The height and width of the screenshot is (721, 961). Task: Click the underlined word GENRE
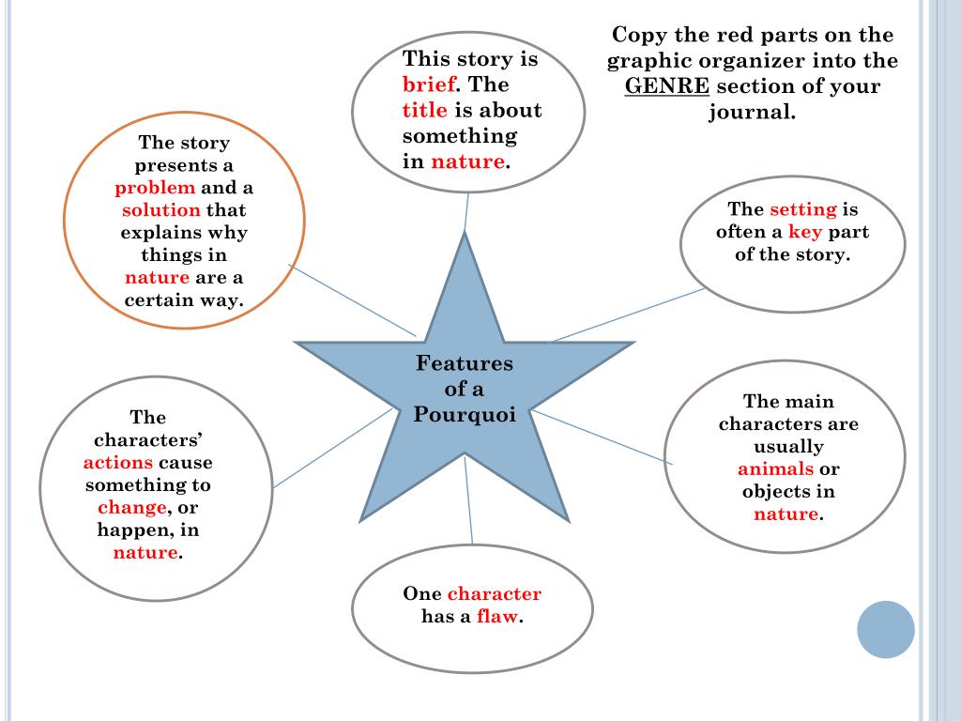coord(667,86)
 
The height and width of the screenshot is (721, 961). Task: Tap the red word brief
coord(429,84)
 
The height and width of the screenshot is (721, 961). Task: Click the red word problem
coord(155,187)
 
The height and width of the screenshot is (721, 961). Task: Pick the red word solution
coord(161,209)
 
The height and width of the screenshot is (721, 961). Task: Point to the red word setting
coord(802,209)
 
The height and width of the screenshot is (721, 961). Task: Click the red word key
coord(805,232)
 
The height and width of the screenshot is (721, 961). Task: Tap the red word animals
coord(775,469)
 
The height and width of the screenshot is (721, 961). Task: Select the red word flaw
coord(497,617)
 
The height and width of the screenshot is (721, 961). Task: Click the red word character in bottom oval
coord(495,593)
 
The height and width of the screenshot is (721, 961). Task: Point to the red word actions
coord(117,463)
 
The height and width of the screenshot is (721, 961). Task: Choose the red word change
coord(131,508)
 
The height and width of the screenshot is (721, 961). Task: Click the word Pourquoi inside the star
coord(465,414)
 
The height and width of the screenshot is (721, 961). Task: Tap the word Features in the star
coord(465,363)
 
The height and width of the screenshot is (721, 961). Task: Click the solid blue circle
coord(886,629)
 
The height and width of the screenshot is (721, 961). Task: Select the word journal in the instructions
coord(752,112)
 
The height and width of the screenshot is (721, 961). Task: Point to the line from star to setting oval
coord(624,315)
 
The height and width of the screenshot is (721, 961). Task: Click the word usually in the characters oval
coord(788,447)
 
